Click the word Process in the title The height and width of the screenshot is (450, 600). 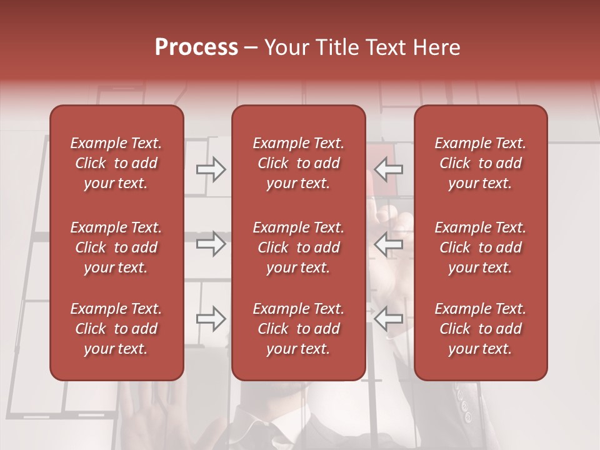pos(196,47)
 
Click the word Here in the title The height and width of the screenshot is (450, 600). pos(437,47)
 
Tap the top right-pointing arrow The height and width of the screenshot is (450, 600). pos(211,169)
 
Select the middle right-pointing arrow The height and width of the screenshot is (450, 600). pos(211,244)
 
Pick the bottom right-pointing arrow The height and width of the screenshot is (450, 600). pos(211,319)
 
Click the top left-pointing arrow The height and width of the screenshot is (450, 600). pos(389,169)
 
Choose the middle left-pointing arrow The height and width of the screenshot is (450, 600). pos(389,244)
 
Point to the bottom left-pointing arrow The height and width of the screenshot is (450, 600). pos(389,319)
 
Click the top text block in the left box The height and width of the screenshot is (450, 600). pos(116,163)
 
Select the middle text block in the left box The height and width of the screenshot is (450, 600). pos(116,247)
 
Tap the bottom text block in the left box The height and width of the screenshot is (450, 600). pos(116,329)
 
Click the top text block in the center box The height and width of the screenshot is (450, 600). pos(298,163)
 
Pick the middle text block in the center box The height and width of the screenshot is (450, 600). pos(298,247)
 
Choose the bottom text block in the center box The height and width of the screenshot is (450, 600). pos(298,329)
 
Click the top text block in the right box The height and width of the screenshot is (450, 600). pos(480,163)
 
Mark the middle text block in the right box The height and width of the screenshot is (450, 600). pos(480,247)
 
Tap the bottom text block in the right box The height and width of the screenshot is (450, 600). pos(480,329)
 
